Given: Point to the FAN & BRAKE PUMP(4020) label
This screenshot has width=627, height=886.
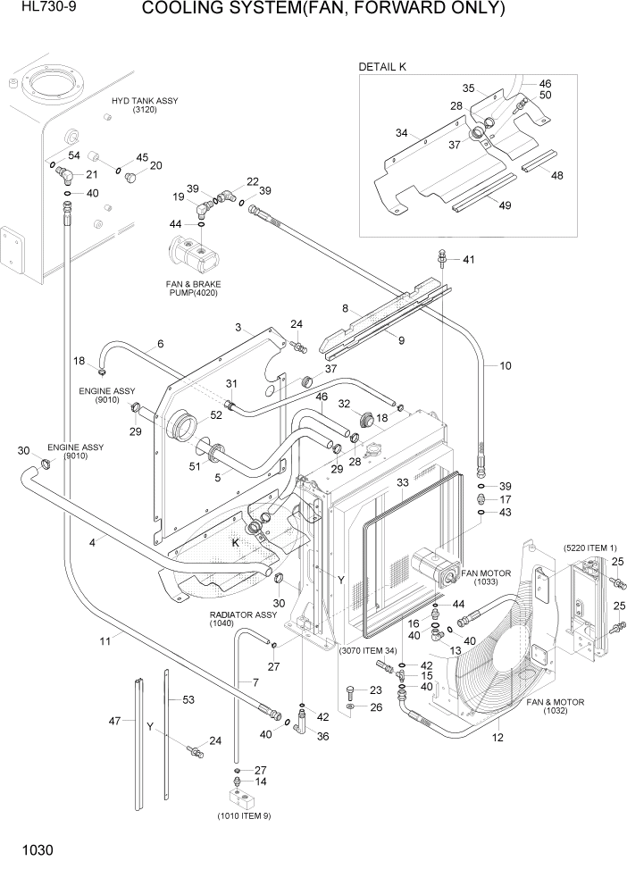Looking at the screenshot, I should pos(192,288).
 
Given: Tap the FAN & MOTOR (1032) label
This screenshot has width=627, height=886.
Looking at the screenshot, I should pos(555,707).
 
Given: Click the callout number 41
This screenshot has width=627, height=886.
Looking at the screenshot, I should pos(469,259).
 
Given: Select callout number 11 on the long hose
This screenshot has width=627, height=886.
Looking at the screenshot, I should pos(105,640).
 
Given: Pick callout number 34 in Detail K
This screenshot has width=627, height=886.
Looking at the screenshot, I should pos(402,133).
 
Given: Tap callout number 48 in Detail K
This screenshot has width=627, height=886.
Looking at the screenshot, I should pos(556,176).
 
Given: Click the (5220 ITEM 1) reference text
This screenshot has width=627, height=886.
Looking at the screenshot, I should pos(589,547).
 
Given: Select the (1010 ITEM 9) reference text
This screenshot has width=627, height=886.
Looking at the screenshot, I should pos(243,815).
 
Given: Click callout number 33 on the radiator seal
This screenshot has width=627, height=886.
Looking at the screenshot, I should pos(402,482).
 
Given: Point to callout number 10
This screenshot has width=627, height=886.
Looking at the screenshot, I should pos(505,365).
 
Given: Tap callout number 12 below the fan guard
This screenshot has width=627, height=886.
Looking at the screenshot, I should pos(497,738).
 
